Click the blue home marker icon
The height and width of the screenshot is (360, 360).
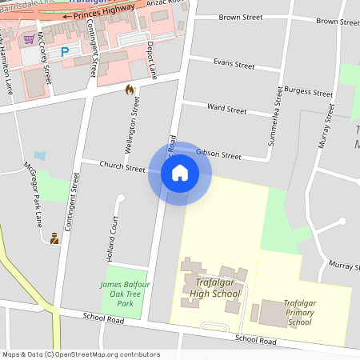180,173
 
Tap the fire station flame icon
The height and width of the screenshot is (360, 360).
130,90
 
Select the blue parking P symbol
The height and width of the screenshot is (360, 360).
66,51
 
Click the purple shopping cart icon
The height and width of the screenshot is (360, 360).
30,38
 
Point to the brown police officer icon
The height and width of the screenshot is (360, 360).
54,238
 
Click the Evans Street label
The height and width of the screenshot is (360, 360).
234,62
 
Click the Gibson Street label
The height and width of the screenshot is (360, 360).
218,154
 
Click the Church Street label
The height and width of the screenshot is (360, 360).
122,167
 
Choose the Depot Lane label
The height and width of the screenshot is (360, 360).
152,62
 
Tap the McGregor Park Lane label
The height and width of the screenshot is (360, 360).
33,196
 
